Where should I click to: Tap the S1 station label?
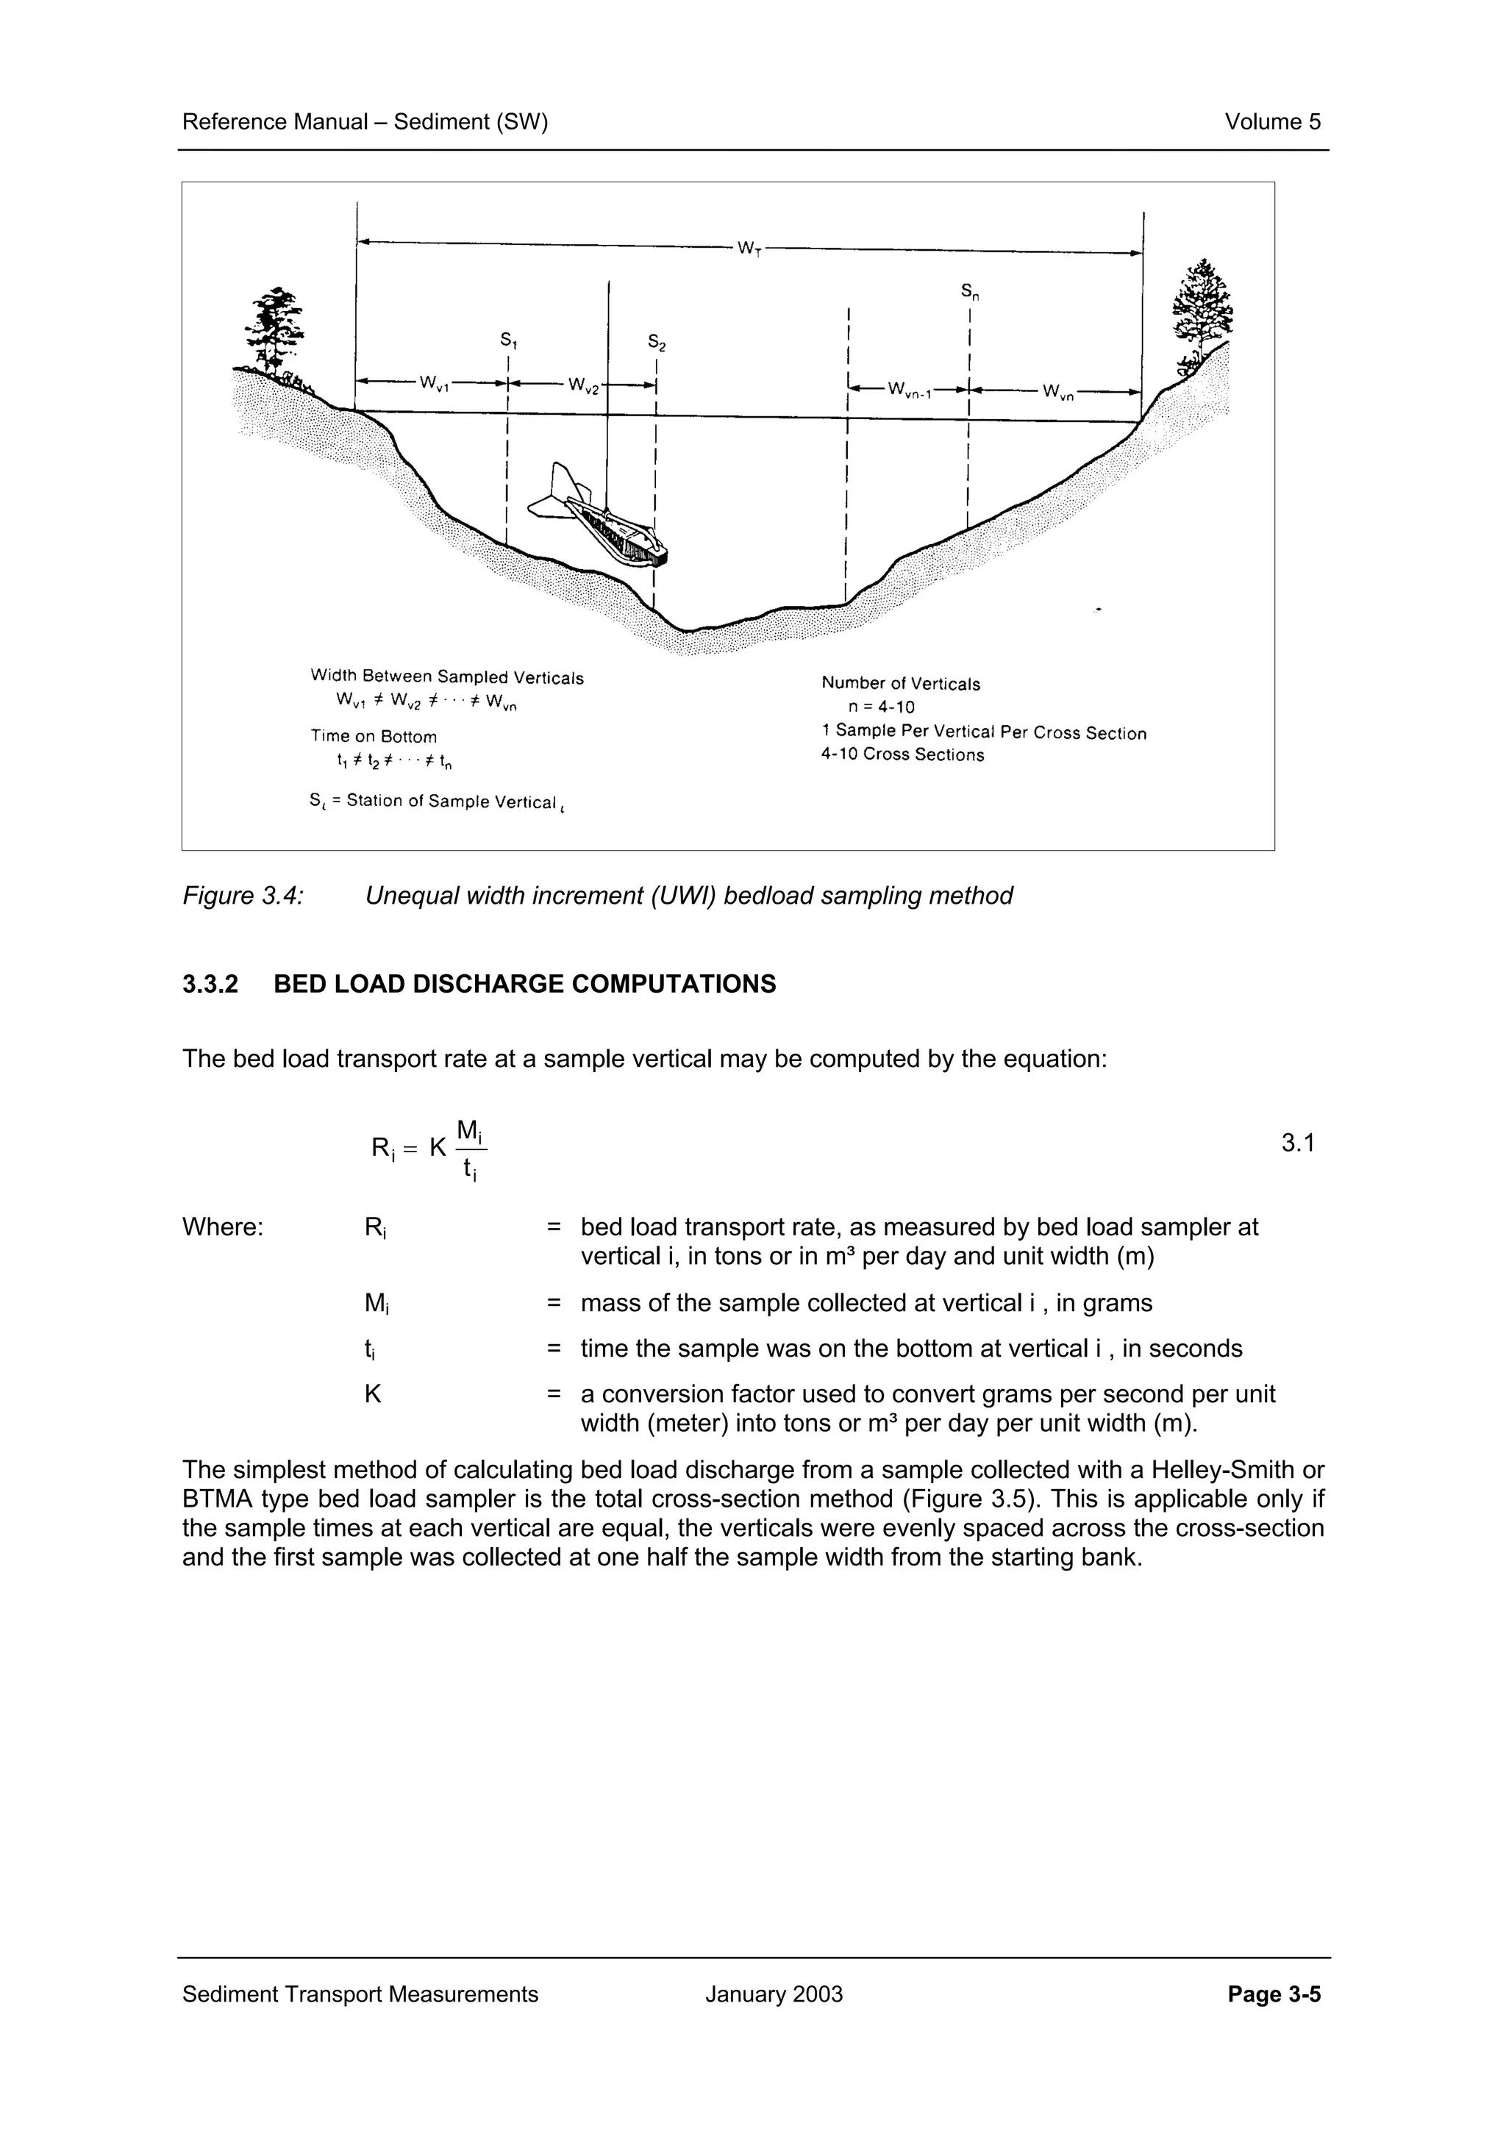[508, 340]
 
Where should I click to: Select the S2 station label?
[657, 343]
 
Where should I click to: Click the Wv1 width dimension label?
[433, 383]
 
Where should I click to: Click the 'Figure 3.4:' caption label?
[243, 896]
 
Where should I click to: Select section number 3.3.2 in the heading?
[210, 984]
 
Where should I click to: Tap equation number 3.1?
[1297, 1143]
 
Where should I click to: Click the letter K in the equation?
[438, 1148]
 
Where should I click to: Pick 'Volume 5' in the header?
[1272, 121]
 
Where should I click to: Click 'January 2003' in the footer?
[773, 1994]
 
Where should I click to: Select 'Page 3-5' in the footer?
[1273, 1994]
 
